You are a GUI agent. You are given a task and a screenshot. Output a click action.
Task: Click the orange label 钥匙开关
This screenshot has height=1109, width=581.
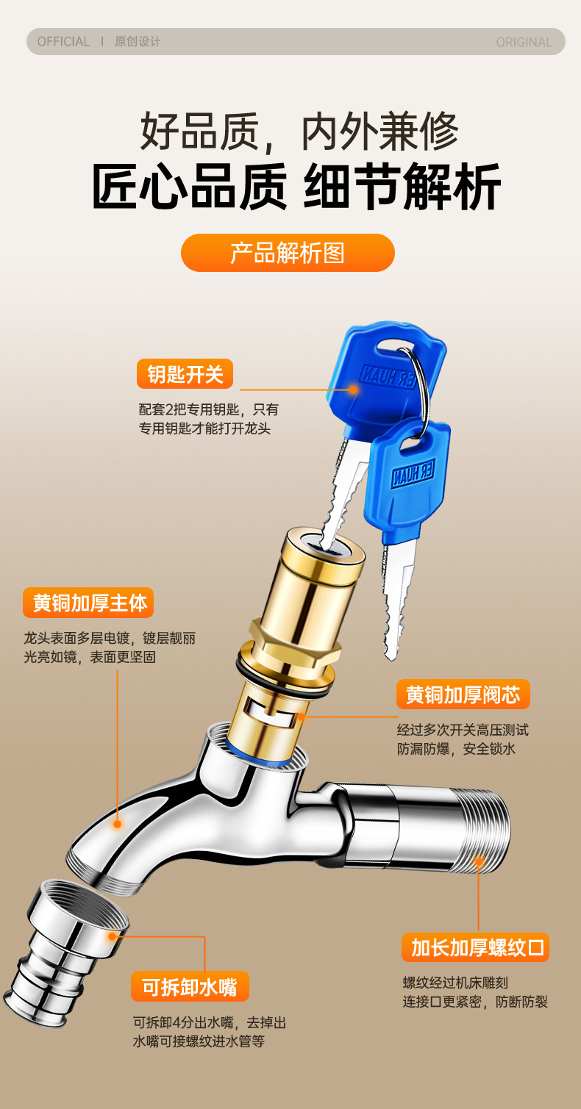[185, 374]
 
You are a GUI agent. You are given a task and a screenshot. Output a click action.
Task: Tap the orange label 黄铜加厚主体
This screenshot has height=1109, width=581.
[88, 603]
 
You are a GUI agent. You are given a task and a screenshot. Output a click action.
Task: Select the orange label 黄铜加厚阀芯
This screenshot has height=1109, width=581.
[463, 694]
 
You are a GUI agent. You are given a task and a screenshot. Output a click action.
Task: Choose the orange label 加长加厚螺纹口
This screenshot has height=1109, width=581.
[476, 947]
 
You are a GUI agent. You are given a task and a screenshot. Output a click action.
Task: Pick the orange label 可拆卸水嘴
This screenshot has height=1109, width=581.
[190, 986]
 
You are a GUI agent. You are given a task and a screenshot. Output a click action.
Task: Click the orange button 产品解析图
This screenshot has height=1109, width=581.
[288, 253]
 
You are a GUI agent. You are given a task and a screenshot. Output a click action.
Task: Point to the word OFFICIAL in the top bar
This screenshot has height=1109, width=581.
[63, 42]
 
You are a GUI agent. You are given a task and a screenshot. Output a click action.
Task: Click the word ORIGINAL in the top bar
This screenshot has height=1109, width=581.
[524, 42]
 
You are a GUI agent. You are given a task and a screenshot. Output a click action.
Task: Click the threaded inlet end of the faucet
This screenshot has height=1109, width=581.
[483, 829]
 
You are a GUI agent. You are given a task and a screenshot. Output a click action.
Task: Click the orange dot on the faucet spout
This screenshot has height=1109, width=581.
[118, 824]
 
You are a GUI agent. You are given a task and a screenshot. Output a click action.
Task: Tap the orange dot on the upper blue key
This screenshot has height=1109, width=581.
[353, 390]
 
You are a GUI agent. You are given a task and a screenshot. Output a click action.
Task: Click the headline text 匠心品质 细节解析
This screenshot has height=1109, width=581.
[296, 187]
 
